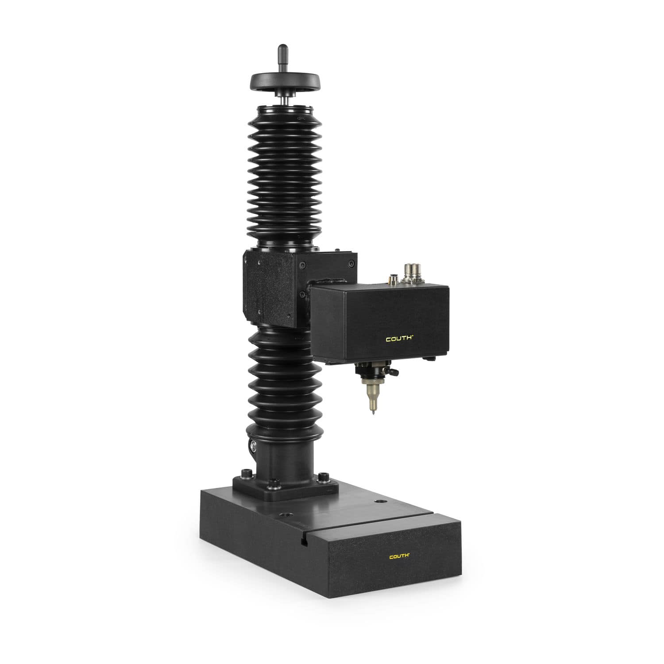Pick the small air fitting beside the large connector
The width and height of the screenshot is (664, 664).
[392, 278]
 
